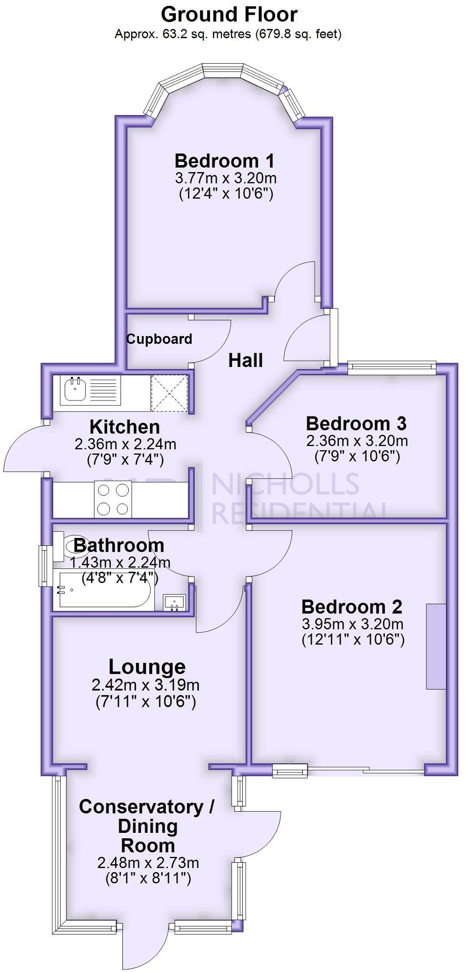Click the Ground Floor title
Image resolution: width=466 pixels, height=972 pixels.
pos(229,15)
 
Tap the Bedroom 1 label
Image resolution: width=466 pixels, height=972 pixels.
pos(224,161)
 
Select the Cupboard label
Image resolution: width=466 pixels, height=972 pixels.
pos(159,339)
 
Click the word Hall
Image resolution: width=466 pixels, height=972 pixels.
pos(246,361)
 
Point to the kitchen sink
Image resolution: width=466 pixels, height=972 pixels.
pos(75,390)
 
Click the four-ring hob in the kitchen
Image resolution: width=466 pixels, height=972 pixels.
pos(114,499)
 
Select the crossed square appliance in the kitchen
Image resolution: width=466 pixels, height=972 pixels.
pos(169,393)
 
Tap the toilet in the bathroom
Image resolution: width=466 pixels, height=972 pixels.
pos(70,546)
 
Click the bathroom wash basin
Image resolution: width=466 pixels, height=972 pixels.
pos(174,602)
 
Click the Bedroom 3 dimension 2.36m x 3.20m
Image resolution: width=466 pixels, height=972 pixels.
pos(357,440)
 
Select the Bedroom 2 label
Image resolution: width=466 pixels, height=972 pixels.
pos(351,607)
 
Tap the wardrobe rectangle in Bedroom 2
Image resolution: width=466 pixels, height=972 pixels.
pos(436,646)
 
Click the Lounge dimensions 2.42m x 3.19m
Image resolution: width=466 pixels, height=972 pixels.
pos(145,684)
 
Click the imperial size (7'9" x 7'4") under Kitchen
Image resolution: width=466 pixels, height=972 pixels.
pos(125,460)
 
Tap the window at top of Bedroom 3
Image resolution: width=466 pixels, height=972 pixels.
pos(392,367)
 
